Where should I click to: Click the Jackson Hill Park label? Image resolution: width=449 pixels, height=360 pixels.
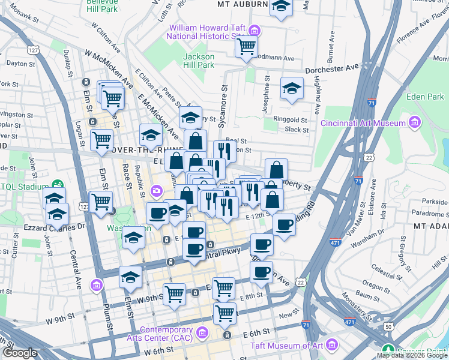(199, 60)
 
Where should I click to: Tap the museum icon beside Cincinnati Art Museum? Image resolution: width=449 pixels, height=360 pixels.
(414, 123)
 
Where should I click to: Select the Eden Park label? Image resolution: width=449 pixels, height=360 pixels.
(425, 96)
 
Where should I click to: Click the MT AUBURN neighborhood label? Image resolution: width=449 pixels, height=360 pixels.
(242, 4)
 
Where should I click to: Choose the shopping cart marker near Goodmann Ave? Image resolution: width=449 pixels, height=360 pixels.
(246, 46)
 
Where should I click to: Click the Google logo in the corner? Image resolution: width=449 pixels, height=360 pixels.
(20, 353)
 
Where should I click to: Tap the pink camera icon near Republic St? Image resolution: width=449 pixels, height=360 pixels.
(156, 191)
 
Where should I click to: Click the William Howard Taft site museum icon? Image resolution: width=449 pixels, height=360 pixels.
(255, 31)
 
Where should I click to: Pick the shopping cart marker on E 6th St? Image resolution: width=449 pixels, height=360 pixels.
(224, 312)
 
